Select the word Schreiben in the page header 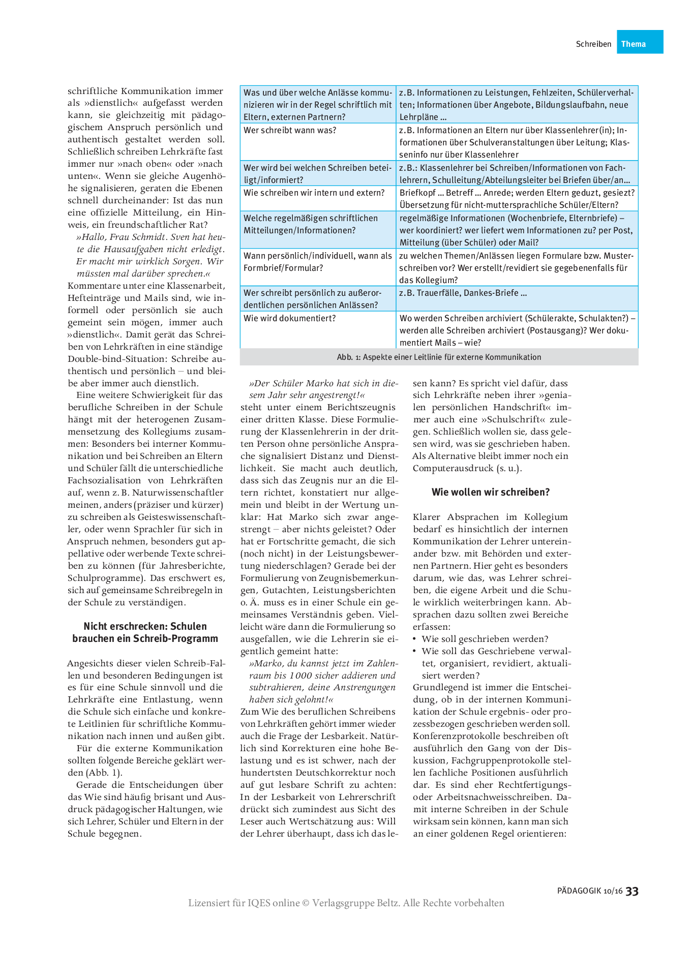593,44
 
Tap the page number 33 632,891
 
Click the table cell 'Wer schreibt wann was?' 290,131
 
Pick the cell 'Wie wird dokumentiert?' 290,319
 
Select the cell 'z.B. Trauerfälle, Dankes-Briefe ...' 463,293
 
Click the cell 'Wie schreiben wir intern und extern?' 314,193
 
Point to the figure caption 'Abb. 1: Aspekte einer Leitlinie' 439,357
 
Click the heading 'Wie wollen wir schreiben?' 491,492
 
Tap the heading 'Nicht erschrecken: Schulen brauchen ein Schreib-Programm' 145,633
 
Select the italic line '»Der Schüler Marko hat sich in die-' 323,384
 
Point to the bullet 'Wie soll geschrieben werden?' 485,639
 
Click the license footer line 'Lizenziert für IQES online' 346,903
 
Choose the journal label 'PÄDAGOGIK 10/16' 590,891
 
